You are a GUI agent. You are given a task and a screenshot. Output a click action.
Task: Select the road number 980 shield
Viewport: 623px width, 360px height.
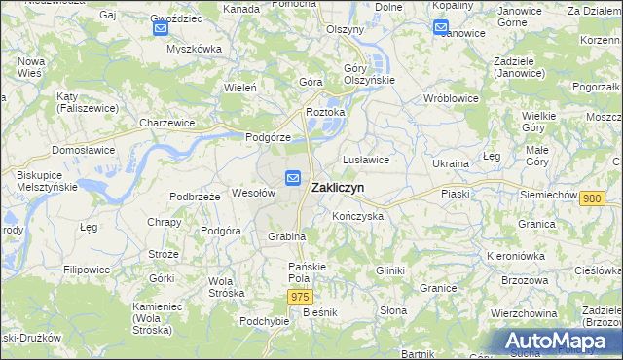(591, 198)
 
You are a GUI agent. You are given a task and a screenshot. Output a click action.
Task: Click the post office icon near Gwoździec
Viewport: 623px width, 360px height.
(161, 29)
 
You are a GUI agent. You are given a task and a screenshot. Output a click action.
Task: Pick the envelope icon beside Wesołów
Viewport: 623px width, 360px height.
(293, 177)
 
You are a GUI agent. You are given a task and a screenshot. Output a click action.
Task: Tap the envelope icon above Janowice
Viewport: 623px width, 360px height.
(440, 27)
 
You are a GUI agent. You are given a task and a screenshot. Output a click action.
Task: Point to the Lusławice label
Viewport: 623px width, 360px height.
(366, 159)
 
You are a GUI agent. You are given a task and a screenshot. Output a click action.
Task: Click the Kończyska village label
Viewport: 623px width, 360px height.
(357, 216)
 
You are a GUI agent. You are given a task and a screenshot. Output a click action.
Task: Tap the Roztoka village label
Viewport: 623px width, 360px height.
(325, 112)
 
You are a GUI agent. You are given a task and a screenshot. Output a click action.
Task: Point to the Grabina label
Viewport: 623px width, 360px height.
(287, 236)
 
